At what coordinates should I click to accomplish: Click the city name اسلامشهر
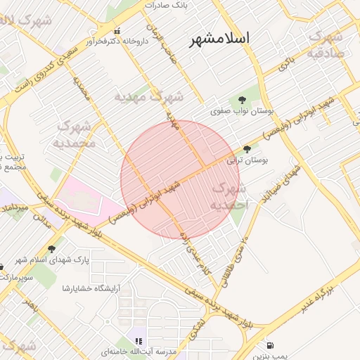pyautogui.click(x=219, y=39)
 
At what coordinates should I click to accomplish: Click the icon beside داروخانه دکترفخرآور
pyautogui.click(x=117, y=31)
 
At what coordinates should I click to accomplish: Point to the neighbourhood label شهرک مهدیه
pyautogui.click(x=149, y=96)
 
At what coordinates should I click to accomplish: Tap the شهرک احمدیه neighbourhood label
pyautogui.click(x=229, y=196)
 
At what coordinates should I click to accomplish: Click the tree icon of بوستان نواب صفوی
pyautogui.click(x=242, y=101)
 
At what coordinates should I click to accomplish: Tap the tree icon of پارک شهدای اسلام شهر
pyautogui.click(x=51, y=248)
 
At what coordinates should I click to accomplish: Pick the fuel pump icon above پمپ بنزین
pyautogui.click(x=271, y=345)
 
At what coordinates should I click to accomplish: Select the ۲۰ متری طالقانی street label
pyautogui.click(x=237, y=262)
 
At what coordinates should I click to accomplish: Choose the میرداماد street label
pyautogui.click(x=15, y=208)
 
